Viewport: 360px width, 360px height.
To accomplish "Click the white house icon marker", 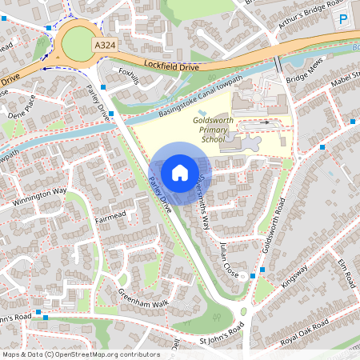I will point(180,172).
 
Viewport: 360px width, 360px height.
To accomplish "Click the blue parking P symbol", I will point(344,19).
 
